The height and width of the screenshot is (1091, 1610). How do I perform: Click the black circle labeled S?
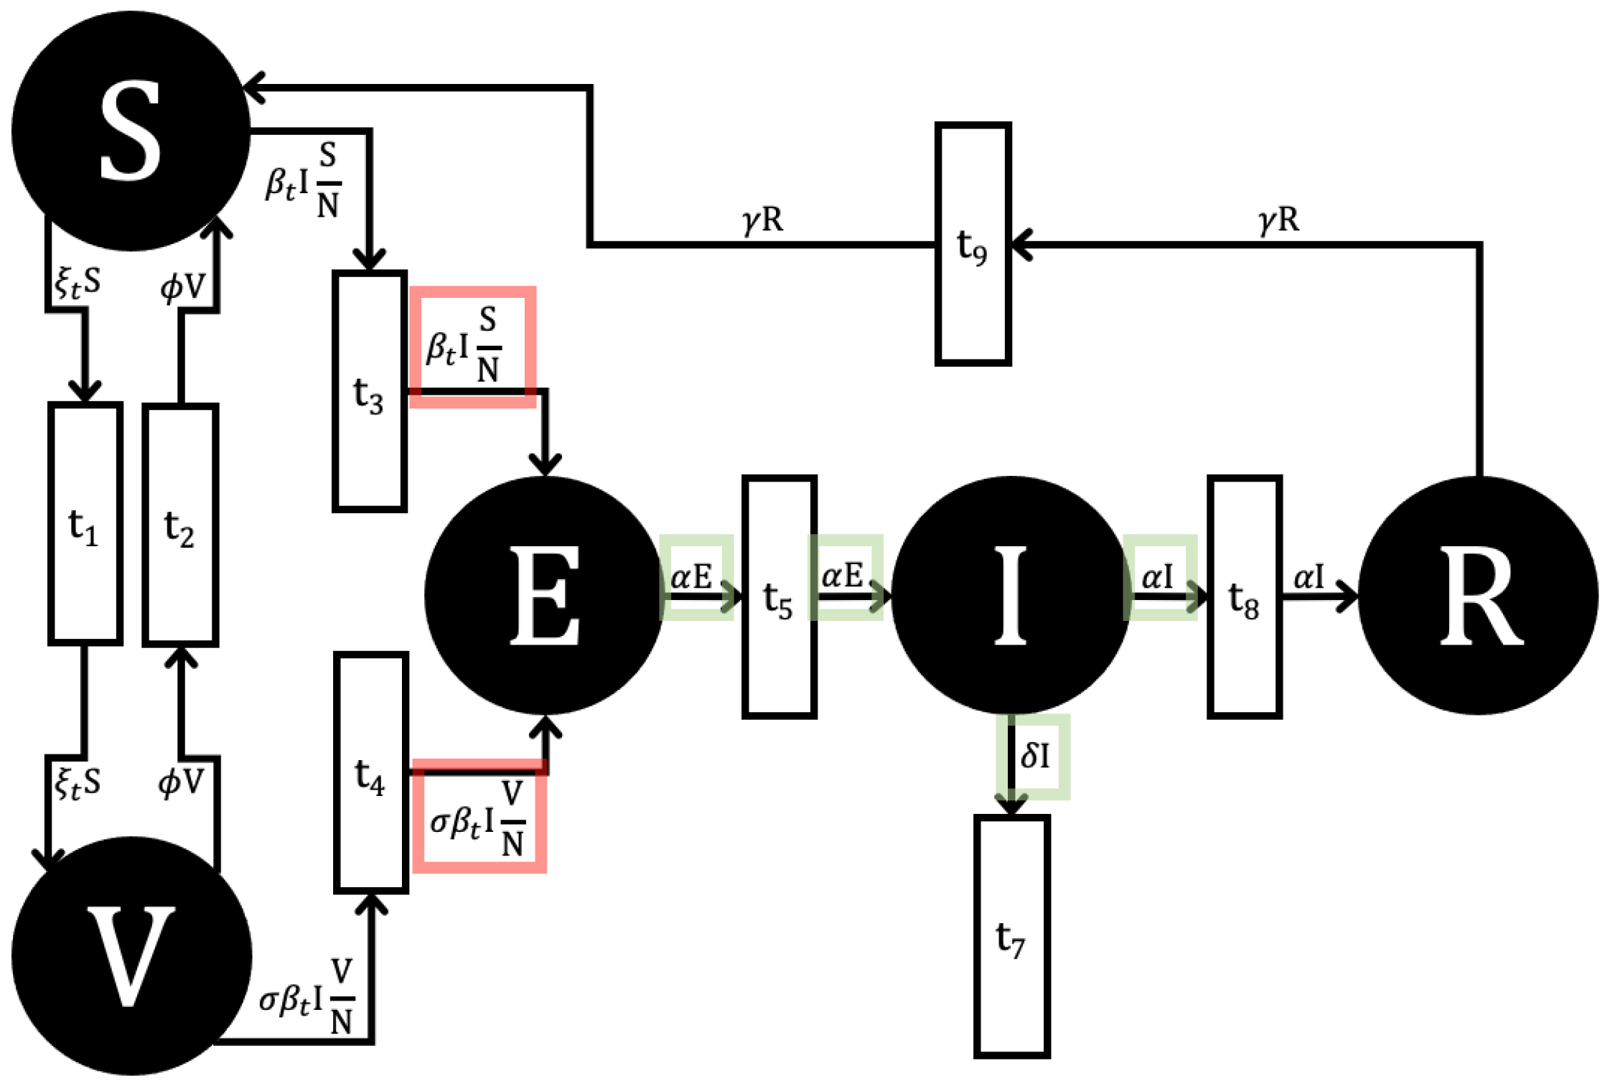[x=131, y=131]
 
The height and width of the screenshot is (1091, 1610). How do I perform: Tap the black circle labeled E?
[x=544, y=595]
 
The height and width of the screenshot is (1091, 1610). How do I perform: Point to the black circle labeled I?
[x=1011, y=595]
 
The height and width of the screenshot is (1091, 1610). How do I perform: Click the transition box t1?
[x=85, y=524]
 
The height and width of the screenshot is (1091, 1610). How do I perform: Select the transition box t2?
[x=180, y=525]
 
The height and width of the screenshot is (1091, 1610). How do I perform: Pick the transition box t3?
[x=370, y=391]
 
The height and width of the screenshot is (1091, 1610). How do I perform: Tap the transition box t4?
[x=371, y=773]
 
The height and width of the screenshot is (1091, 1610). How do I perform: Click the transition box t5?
[x=779, y=596]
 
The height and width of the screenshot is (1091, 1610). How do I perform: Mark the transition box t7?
[x=1011, y=937]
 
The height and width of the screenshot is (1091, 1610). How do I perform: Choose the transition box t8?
[x=1245, y=596]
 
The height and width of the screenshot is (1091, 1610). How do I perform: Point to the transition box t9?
[x=973, y=244]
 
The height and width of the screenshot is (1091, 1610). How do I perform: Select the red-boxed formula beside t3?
[x=472, y=346]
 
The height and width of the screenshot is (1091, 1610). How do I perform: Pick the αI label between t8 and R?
[x=1308, y=577]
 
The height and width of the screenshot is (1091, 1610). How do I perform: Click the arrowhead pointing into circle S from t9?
[x=253, y=88]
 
